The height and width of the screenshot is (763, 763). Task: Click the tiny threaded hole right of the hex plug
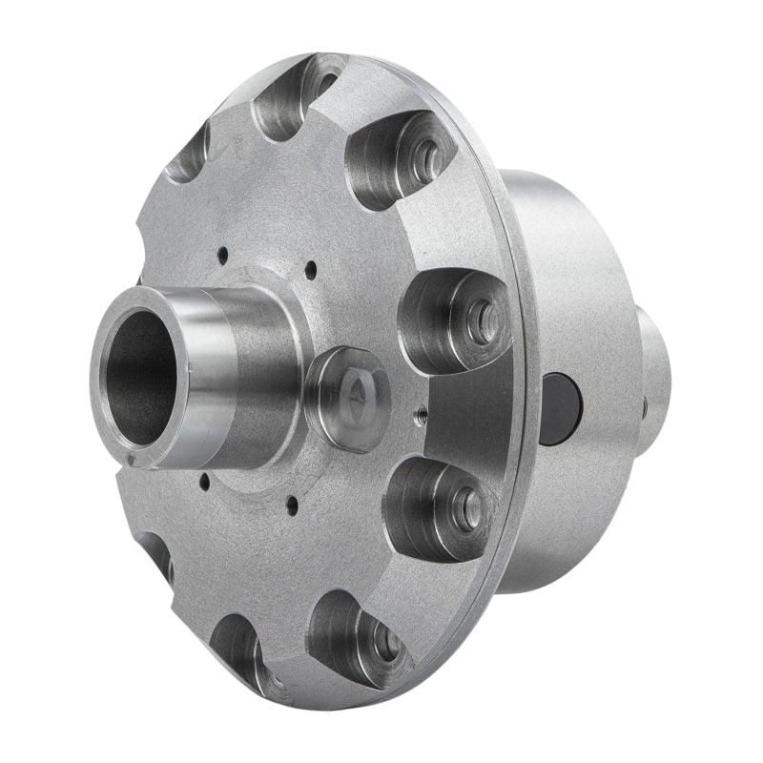418,414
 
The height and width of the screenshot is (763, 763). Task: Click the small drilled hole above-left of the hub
222,255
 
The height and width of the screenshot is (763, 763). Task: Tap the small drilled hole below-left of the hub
203,480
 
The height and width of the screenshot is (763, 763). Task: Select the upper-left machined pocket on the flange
191,153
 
